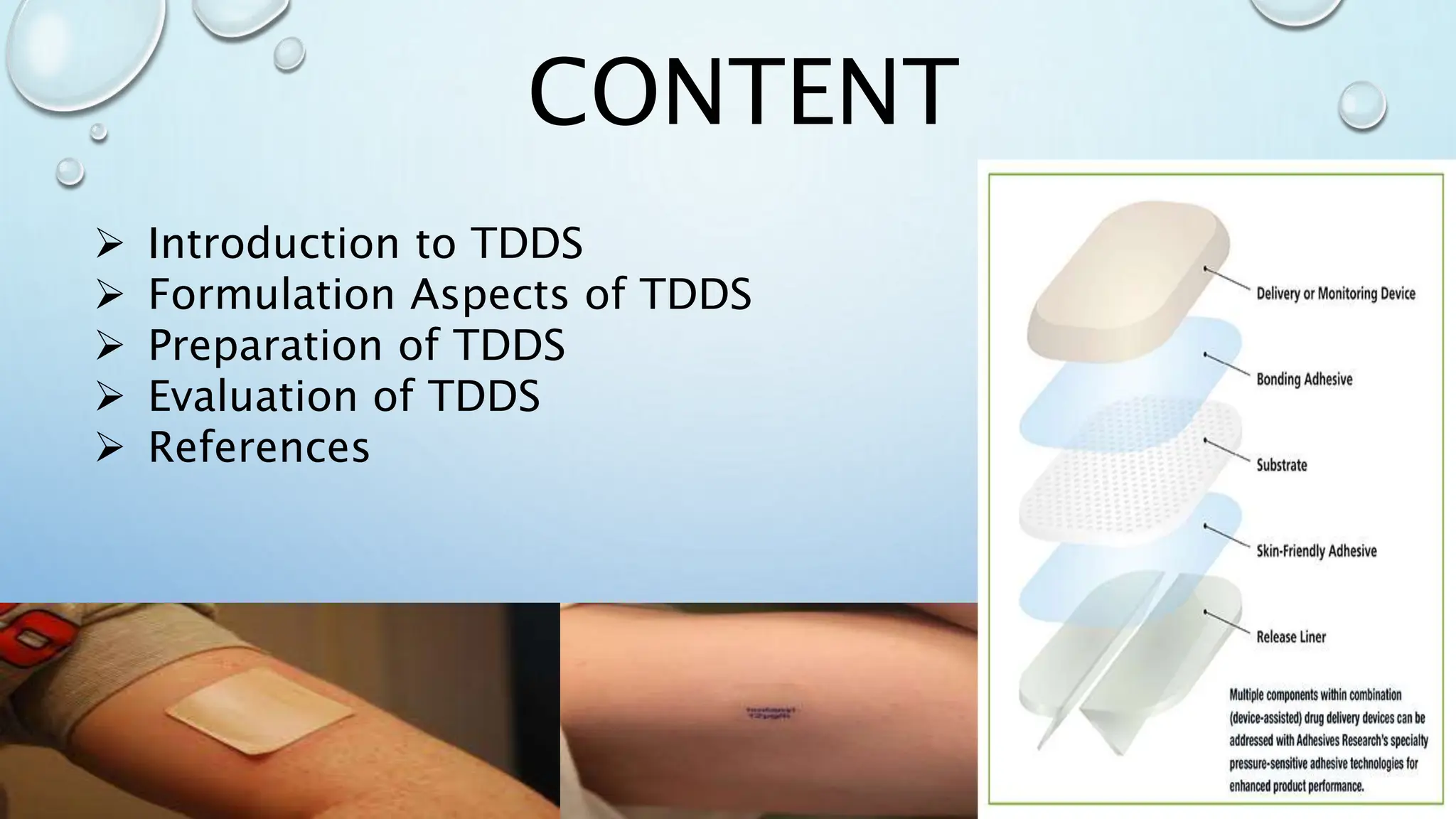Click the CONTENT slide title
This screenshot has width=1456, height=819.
(x=743, y=93)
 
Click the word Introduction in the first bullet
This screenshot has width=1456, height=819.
(x=274, y=243)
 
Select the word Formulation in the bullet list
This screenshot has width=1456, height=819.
(x=271, y=294)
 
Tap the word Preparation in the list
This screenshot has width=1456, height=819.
(x=264, y=346)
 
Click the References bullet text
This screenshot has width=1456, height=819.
(x=259, y=447)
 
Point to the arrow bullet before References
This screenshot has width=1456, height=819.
(x=109, y=449)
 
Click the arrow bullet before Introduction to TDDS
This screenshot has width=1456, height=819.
(x=109, y=245)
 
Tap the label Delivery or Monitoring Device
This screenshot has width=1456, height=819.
(x=1335, y=294)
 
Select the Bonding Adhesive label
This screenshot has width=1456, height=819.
(x=1304, y=379)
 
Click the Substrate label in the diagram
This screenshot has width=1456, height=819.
(x=1281, y=465)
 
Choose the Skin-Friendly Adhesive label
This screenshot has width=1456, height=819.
(x=1316, y=551)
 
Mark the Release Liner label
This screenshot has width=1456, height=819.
(x=1290, y=637)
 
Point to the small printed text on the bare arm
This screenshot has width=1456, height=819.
(x=771, y=712)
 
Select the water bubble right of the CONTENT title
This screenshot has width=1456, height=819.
(x=1361, y=105)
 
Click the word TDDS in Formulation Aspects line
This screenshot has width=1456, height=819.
(x=695, y=294)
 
